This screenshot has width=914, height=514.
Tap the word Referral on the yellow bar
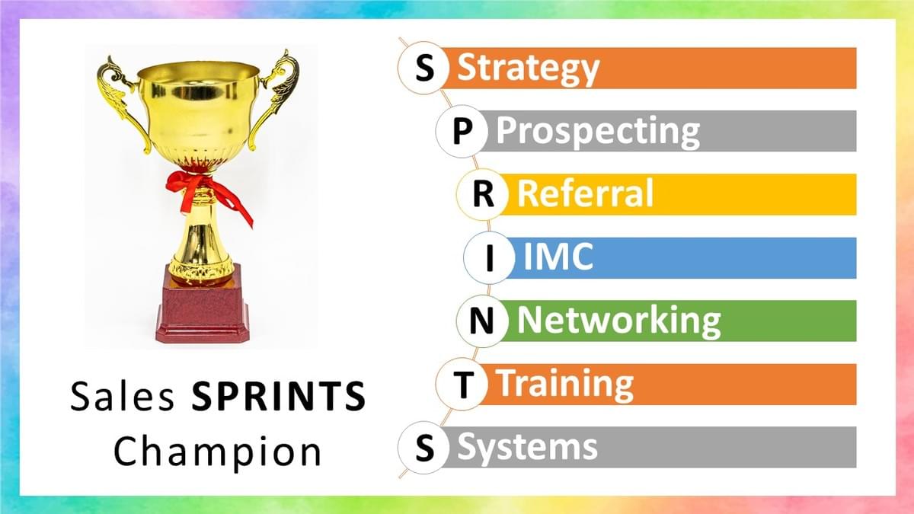pyautogui.click(x=585, y=193)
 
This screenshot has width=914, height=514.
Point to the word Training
pyautogui.click(x=567, y=385)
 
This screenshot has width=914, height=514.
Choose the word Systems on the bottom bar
pyautogui.click(x=527, y=447)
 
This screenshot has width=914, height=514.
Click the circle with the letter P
pyautogui.click(x=462, y=131)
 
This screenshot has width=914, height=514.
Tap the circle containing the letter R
pyautogui.click(x=483, y=194)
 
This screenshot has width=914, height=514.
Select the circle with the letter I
pyautogui.click(x=490, y=258)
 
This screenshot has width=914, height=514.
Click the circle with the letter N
pyautogui.click(x=482, y=321)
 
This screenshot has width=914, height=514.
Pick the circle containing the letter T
pyautogui.click(x=462, y=385)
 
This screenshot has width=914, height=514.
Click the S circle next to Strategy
pyautogui.click(x=424, y=68)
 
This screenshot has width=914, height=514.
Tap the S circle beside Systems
pyautogui.click(x=424, y=448)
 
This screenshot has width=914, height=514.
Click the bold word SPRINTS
pyautogui.click(x=279, y=396)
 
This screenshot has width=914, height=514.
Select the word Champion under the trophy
pyautogui.click(x=218, y=452)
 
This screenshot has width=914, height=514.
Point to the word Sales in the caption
pyautogui.click(x=123, y=396)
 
